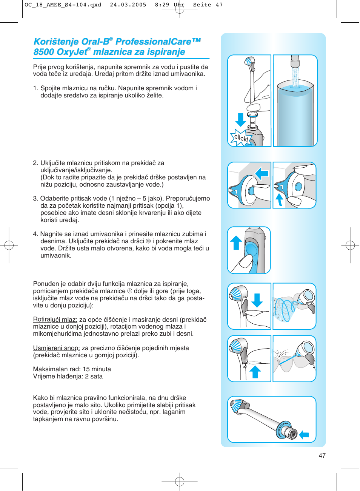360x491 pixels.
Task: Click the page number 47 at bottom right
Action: coord(322,455)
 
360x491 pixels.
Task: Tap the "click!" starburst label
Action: coord(241,138)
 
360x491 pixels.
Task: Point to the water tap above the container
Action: coord(295,61)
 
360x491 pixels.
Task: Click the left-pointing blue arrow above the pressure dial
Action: coord(262,173)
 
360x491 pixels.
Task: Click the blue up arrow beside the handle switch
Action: coord(236,243)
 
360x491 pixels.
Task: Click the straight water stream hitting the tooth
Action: coord(288,360)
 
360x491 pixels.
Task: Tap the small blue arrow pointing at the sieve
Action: coord(304,435)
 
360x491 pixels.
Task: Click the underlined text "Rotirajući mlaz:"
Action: coord(55,320)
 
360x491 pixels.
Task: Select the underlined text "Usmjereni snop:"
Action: coord(56,348)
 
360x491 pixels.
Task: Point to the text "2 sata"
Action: coord(96,376)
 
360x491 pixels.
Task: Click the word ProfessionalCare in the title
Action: coord(153,42)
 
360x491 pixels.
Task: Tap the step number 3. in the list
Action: coord(35,199)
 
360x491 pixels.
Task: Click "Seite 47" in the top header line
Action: coord(208,5)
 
